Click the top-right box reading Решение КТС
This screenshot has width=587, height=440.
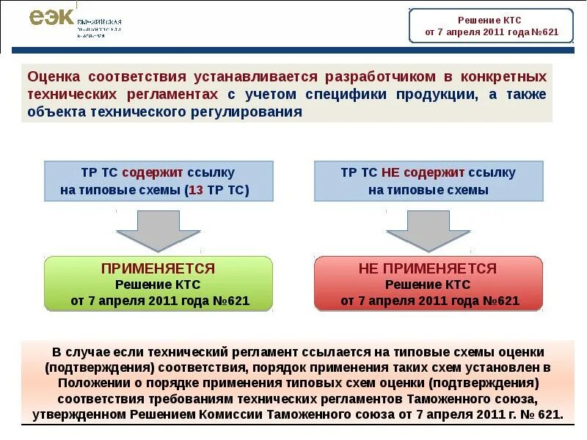(490, 26)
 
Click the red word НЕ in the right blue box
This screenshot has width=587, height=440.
(390, 173)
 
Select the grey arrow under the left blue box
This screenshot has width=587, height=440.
(158, 230)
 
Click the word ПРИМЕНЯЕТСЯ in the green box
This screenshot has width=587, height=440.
(158, 268)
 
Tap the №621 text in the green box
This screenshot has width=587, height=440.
(232, 301)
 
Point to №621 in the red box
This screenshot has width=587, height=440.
(502, 301)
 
